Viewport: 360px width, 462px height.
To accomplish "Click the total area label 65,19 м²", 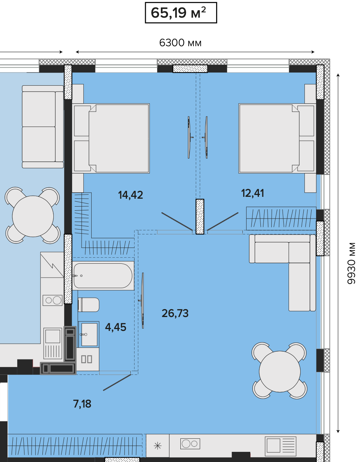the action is click(178, 13).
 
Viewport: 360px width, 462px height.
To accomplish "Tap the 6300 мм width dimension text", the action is click(180, 43).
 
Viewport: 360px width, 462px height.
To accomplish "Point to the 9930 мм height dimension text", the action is click(351, 263).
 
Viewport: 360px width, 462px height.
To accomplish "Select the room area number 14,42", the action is click(130, 195).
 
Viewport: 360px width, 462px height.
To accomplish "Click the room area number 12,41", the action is click(253, 193).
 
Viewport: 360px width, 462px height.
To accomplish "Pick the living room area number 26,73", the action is click(175, 313).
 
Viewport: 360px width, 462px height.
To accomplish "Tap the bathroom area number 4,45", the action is click(115, 327).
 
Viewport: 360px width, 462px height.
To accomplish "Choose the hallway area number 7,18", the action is click(82, 404).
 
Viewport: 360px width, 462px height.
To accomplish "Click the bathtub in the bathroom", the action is click(103, 276).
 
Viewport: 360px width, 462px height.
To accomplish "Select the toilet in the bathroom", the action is click(88, 305).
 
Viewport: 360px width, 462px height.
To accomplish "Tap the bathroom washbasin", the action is click(89, 334).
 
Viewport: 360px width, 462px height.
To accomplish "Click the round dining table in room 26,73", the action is click(280, 371).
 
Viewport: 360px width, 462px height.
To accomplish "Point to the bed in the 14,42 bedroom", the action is click(111, 138).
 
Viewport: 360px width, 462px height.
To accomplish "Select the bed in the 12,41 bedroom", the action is click(277, 138).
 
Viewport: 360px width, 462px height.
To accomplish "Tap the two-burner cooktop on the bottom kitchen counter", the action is click(190, 444).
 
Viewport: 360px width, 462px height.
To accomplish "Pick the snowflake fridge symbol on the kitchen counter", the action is click(157, 445).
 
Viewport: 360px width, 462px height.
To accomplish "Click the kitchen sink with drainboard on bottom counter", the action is click(280, 446).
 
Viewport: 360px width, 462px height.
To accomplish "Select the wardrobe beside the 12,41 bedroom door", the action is click(281, 218).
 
